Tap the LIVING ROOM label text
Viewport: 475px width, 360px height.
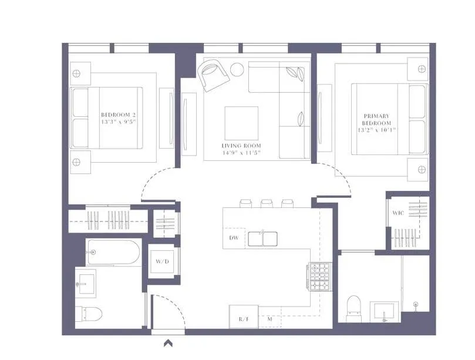(x=241, y=145)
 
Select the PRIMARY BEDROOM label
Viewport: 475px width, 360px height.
(x=376, y=120)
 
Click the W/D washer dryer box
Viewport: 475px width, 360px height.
(x=162, y=261)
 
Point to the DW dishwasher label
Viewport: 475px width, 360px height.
(x=233, y=238)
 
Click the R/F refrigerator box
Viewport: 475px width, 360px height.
(x=243, y=319)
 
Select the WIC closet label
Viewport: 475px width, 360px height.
(x=397, y=213)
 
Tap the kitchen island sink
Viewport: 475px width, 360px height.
(x=262, y=238)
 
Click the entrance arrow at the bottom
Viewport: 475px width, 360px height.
(x=168, y=344)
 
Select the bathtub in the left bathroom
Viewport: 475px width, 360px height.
(x=113, y=253)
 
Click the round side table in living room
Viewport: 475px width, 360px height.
(x=237, y=69)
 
